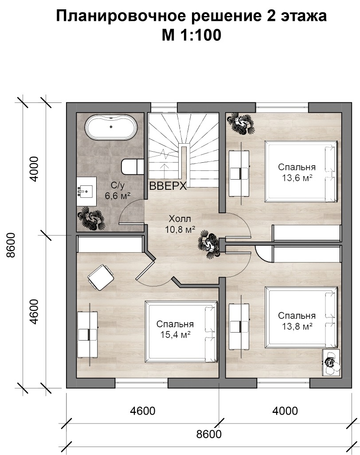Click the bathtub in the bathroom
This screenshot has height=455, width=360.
click(x=111, y=127)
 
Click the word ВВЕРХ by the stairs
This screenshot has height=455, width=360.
click(x=168, y=186)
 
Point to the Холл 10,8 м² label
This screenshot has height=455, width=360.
click(x=180, y=224)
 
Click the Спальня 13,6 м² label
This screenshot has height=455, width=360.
click(x=297, y=172)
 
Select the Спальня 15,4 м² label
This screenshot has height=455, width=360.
click(x=175, y=329)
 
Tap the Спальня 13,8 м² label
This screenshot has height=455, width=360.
click(x=297, y=321)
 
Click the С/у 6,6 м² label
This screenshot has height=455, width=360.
click(x=117, y=190)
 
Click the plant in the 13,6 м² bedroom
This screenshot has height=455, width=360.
click(x=240, y=124)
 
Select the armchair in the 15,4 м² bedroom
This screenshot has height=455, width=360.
click(x=101, y=278)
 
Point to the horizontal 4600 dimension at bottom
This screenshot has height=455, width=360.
click(x=142, y=411)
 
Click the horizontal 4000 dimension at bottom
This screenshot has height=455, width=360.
click(x=285, y=411)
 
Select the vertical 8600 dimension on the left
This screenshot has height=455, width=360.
click(x=11, y=245)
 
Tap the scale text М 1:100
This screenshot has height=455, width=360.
click(x=192, y=35)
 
